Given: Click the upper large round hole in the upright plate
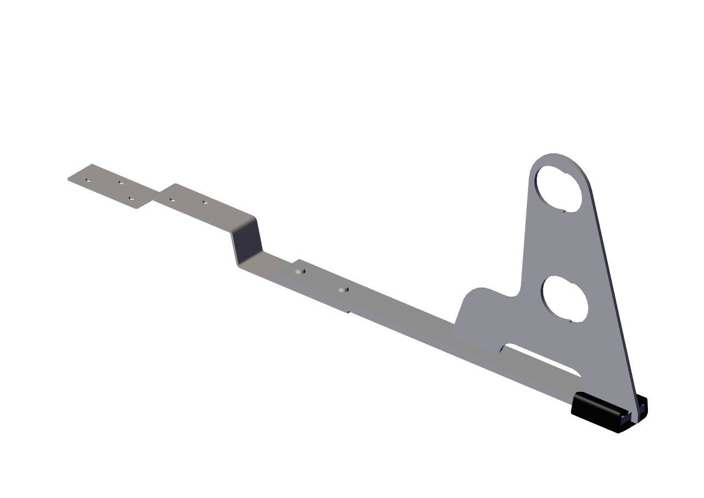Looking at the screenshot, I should (559, 188).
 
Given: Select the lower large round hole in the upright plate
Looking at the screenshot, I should (565, 299).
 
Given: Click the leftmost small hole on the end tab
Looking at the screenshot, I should (88, 179).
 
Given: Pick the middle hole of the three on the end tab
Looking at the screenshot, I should (121, 182).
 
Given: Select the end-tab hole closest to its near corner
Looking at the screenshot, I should (131, 198).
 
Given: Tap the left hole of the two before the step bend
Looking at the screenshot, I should (172, 199).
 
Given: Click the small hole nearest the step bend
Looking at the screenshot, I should (205, 202).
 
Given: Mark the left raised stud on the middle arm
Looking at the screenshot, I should (299, 271).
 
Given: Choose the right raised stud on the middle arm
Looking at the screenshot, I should (344, 289).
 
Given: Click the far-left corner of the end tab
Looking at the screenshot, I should (69, 178).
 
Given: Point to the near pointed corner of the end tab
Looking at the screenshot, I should (137, 208).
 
